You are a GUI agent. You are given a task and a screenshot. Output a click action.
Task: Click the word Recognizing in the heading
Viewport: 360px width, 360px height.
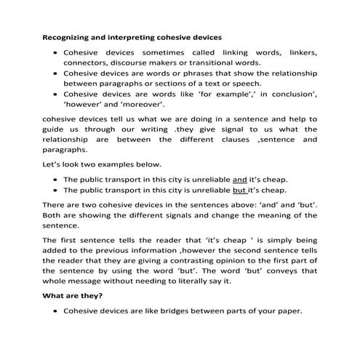click(68, 36)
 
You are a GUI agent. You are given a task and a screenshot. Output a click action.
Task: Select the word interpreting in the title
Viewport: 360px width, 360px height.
click(139, 36)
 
